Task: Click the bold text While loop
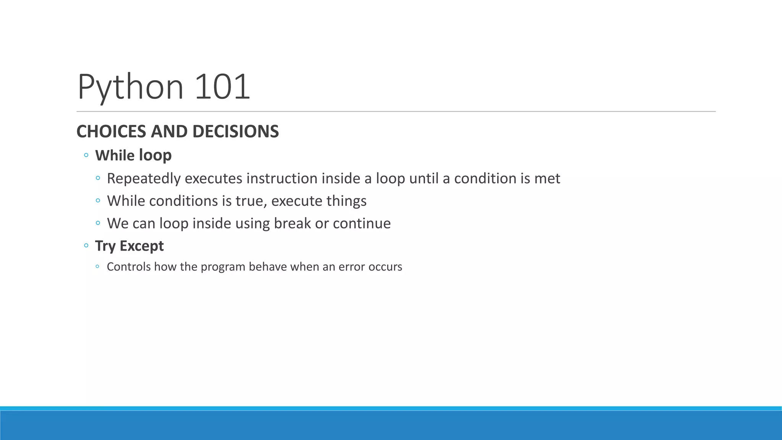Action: (133, 155)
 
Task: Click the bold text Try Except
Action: (129, 246)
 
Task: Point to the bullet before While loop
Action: (86, 155)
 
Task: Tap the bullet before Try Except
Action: (86, 246)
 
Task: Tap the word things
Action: (346, 201)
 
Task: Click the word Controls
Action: (129, 267)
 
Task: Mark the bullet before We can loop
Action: (98, 223)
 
